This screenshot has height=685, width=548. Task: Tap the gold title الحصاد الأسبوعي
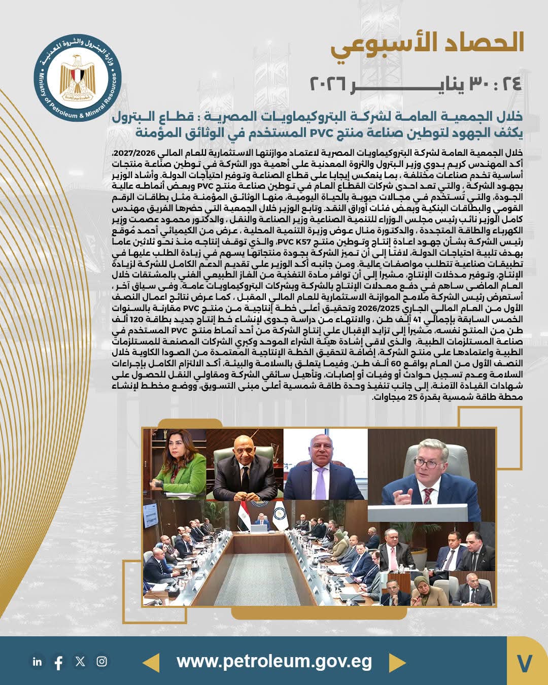coord(427,43)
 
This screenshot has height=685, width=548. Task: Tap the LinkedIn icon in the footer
coord(37,661)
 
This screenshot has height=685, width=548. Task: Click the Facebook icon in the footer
coord(58,662)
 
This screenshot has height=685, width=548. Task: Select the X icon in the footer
coord(80,661)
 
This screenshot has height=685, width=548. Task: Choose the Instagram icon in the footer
coord(102,661)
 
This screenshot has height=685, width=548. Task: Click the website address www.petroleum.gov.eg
coord(274,662)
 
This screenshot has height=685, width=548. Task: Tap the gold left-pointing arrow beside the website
coord(151,662)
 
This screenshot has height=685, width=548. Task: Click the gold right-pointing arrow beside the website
coord(397,662)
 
